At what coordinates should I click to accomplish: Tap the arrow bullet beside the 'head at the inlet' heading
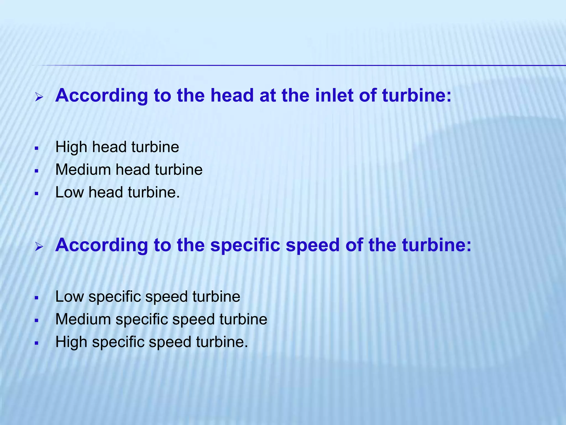point(39,97)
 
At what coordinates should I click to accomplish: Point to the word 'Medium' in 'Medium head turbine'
point(83,170)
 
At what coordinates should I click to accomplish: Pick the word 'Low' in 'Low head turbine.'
point(69,192)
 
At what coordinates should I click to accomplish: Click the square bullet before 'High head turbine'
point(36,149)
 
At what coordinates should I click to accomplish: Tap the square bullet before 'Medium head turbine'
point(36,171)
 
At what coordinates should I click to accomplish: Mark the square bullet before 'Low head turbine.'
point(36,194)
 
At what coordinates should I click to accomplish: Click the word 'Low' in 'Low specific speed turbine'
point(69,297)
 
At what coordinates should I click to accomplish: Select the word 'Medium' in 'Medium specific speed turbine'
point(83,319)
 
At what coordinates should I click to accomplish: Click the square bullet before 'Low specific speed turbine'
point(36,298)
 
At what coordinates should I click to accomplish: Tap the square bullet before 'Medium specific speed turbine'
point(36,321)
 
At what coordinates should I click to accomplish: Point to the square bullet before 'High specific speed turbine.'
point(36,344)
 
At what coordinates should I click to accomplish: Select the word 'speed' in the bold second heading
point(313,245)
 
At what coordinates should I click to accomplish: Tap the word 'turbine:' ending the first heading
point(417,95)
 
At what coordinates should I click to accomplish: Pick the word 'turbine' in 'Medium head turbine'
point(179,170)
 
